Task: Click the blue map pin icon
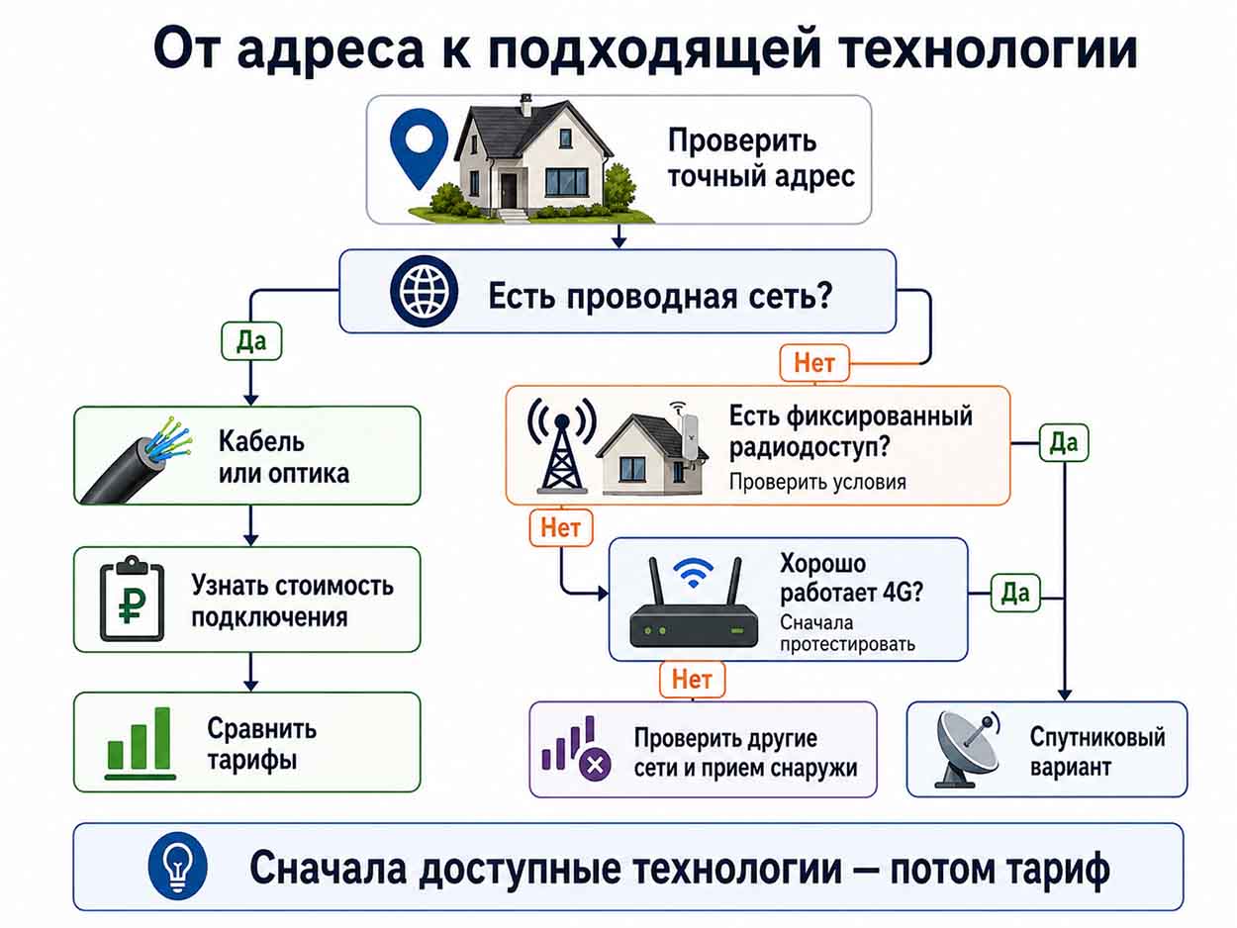[419, 148]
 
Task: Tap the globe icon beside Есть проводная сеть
[424, 291]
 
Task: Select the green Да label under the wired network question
[251, 341]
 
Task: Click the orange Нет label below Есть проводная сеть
[814, 363]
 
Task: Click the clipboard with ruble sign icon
[132, 599]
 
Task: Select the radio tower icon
[562, 445]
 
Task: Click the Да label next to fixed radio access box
[1064, 443]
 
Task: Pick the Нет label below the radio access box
[561, 528]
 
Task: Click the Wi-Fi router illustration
[693, 602]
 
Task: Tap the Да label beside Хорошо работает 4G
[1015, 593]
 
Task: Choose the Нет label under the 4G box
[692, 680]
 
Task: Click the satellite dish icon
[967, 749]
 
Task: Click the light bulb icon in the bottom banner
[177, 866]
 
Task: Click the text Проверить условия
[817, 483]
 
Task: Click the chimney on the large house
[525, 106]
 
